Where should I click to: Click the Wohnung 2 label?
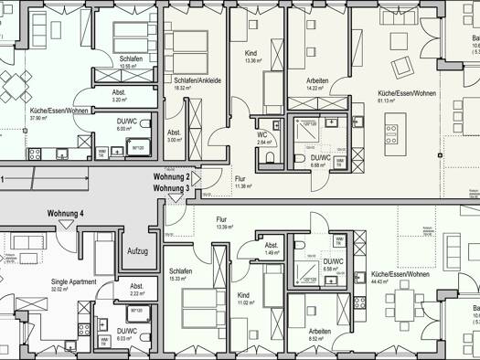click(x=171, y=176)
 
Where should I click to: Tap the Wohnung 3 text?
click(x=171, y=188)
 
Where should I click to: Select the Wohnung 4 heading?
click(x=66, y=214)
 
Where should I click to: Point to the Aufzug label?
click(x=137, y=249)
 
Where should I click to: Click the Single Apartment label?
click(x=73, y=282)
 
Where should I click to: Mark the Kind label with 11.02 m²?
click(x=243, y=296)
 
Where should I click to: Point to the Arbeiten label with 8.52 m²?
click(x=320, y=331)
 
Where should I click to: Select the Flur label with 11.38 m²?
click(x=240, y=179)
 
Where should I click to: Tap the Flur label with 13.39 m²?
click(x=221, y=219)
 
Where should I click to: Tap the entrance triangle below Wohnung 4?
click(x=66, y=224)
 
